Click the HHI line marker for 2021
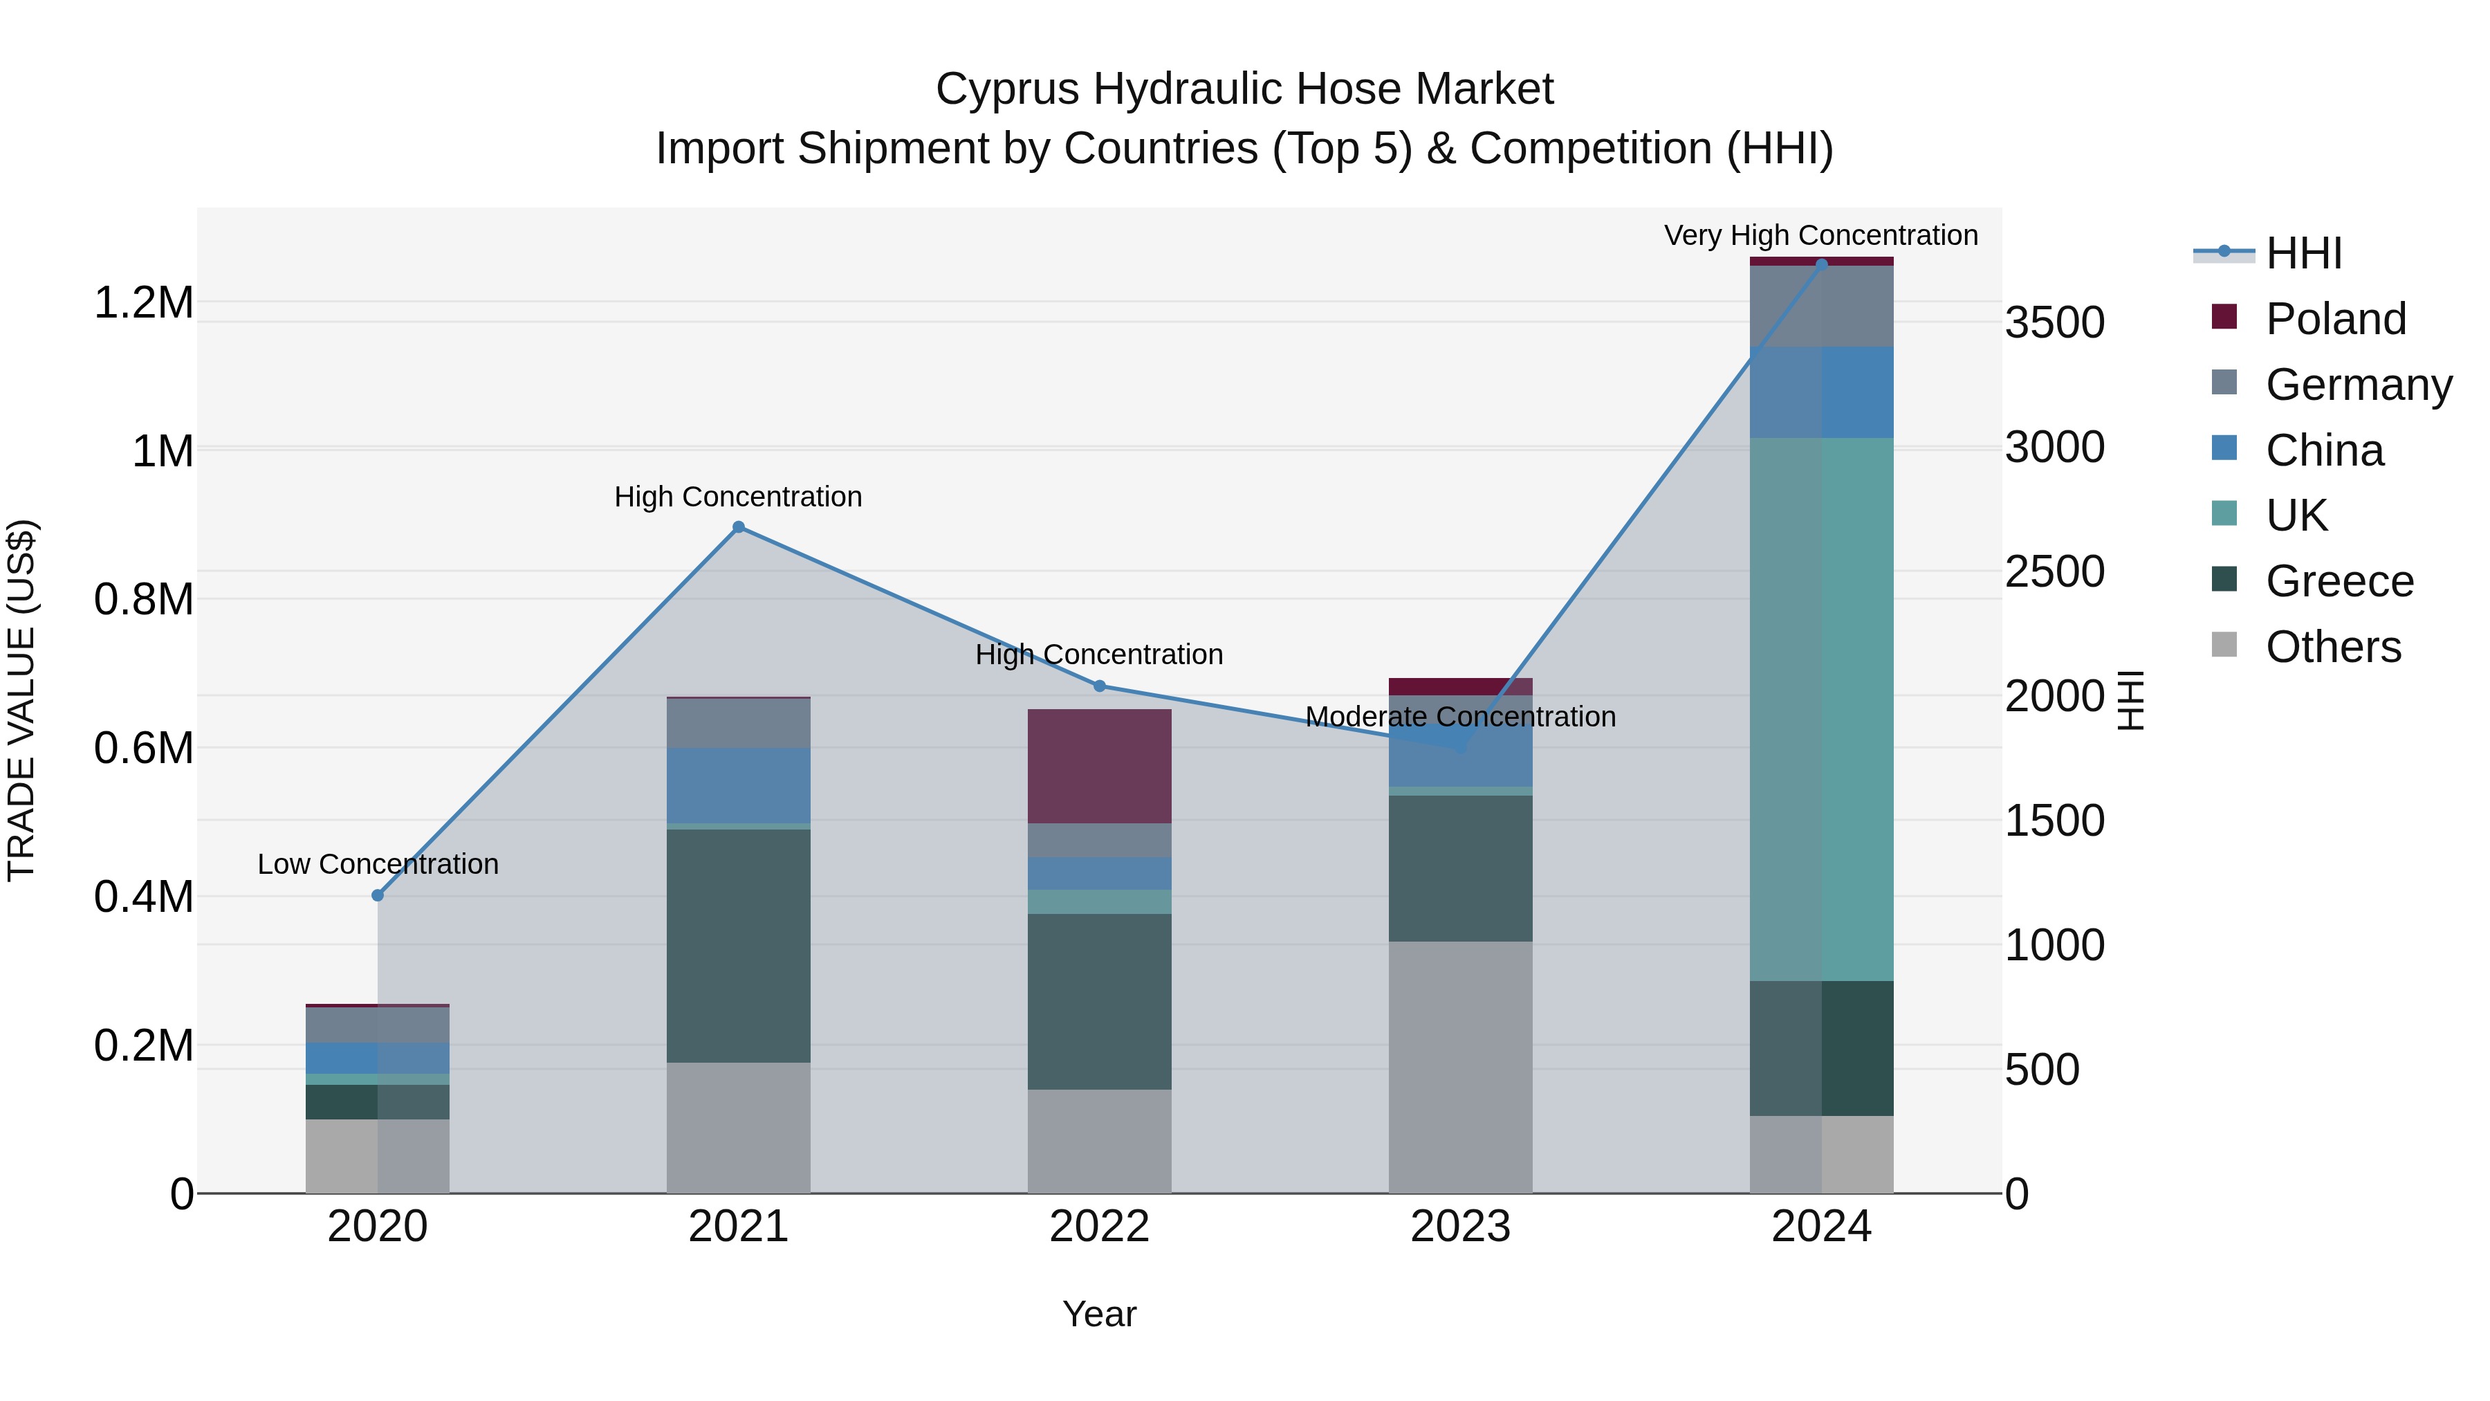click(739, 527)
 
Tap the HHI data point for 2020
click(378, 895)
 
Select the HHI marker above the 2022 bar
click(1099, 686)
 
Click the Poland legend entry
click(2334, 319)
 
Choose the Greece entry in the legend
click(2339, 581)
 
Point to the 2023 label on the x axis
click(1459, 1227)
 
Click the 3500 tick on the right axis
click(2054, 323)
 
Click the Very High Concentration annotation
click(1820, 236)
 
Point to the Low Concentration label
click(378, 864)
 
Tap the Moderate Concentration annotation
click(1459, 717)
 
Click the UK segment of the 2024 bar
click(1821, 708)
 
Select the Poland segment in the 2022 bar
click(1099, 766)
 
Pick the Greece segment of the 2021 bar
click(739, 946)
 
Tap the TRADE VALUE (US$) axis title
click(22, 700)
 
